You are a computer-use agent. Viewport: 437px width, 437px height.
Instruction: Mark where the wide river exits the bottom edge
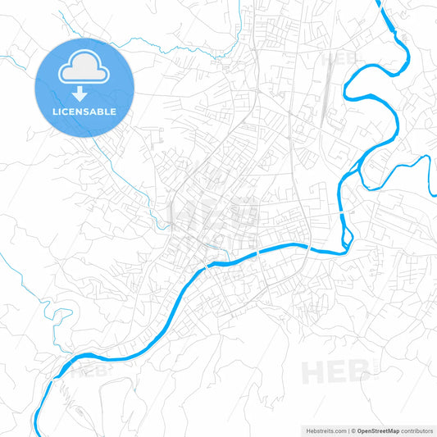tap(36, 434)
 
